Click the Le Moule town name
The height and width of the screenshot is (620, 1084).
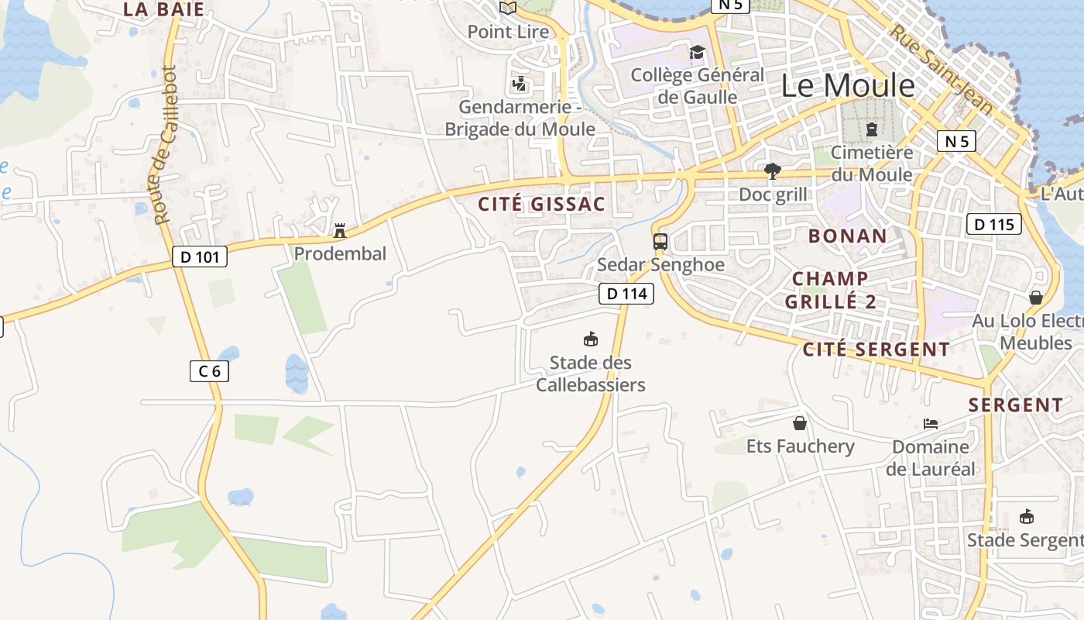pos(848,85)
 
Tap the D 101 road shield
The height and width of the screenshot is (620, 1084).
pos(200,257)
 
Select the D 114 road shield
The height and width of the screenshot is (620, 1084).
pos(626,294)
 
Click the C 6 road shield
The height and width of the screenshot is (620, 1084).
pos(209,371)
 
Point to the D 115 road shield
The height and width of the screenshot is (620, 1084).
pos(993,225)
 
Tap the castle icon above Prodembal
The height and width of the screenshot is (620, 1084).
pos(339,230)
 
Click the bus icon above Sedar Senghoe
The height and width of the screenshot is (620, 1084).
pos(660,241)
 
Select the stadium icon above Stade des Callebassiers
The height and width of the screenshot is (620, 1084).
pos(590,339)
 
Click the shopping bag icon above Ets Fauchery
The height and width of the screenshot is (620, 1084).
pos(800,423)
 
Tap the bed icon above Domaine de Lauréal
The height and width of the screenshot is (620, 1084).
pos(931,424)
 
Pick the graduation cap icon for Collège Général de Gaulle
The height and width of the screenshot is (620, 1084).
pos(697,52)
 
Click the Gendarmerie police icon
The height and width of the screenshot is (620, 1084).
pos(519,83)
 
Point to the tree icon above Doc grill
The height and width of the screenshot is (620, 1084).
pos(772,170)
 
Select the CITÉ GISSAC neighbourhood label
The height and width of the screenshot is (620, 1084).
pos(540,205)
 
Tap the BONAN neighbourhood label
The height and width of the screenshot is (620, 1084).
pos(847,236)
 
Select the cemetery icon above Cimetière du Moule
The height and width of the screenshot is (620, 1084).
pos(872,129)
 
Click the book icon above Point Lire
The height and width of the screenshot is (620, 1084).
pos(508,8)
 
